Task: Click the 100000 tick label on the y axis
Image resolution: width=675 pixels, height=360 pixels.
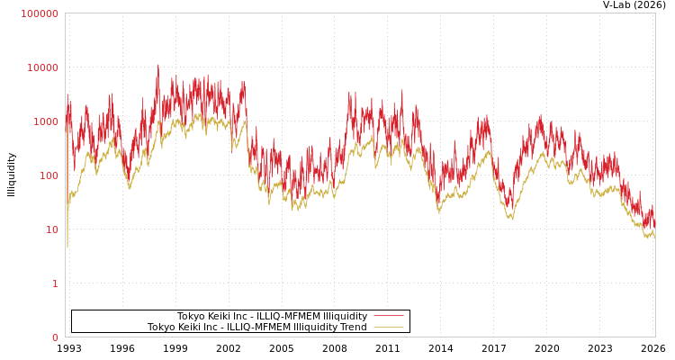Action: tap(39, 13)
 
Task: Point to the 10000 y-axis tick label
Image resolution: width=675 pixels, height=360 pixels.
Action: tap(41, 67)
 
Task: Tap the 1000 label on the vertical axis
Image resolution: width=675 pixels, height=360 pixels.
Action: tap(44, 121)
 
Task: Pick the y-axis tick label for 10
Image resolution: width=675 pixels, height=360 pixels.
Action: tap(51, 229)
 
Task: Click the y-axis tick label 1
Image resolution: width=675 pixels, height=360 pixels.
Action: tap(55, 283)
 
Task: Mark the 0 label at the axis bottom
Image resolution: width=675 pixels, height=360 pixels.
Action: tap(55, 337)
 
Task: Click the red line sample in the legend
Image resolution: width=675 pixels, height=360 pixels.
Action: tap(388, 316)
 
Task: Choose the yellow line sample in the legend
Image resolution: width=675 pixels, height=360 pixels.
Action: tap(388, 327)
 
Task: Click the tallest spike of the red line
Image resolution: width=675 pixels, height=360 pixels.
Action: tap(158, 65)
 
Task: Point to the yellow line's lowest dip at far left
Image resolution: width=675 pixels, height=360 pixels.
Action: tap(67, 247)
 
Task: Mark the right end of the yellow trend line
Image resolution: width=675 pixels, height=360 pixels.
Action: tap(654, 237)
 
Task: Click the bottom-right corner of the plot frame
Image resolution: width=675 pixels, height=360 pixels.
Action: tap(655, 337)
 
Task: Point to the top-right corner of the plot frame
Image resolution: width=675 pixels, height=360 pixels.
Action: tap(655, 13)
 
